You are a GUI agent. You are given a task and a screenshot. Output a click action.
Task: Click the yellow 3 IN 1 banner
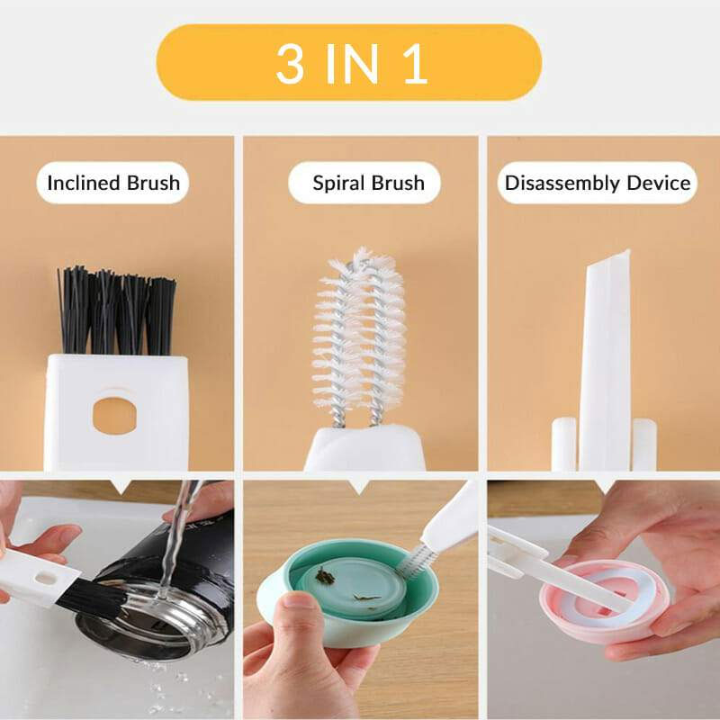click(348, 62)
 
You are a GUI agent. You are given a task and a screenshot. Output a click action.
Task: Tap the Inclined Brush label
click(113, 184)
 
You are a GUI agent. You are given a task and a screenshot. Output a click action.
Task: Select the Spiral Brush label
click(368, 184)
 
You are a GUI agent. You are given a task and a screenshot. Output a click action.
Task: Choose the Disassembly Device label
click(598, 184)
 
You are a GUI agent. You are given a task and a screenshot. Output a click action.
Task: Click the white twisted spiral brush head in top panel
click(359, 333)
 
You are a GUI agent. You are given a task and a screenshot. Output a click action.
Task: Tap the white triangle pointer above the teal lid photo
click(360, 487)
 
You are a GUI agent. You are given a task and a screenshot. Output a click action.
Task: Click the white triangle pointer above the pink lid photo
click(604, 487)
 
